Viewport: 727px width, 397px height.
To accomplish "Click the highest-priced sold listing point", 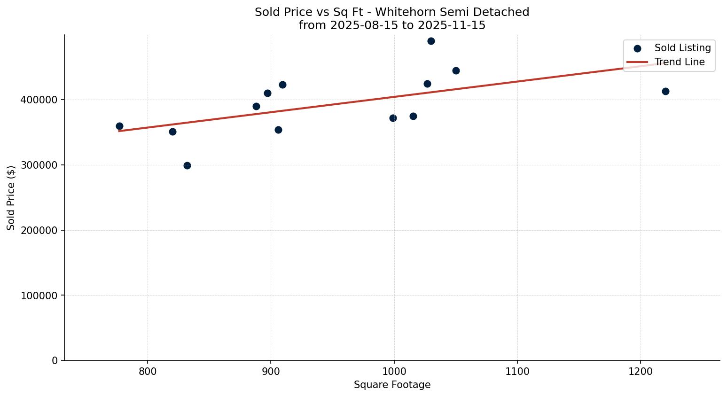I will click(431, 41).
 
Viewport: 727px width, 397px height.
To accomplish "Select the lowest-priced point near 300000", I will click(187, 165).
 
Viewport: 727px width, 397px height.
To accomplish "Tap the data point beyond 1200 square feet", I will click(665, 91).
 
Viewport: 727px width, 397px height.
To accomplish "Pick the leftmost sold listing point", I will click(119, 126).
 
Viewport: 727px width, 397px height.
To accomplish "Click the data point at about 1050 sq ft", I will click(456, 70).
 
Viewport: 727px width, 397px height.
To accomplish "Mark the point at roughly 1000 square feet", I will click(393, 118).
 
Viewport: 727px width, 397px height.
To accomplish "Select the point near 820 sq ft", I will click(172, 132).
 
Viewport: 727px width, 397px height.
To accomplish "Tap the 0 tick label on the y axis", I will click(55, 361).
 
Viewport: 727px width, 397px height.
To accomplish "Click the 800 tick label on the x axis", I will click(148, 371).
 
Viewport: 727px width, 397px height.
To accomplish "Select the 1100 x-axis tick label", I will click(517, 371).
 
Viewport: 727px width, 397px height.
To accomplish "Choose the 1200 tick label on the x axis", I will click(640, 371).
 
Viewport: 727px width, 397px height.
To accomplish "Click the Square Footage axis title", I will click(392, 385).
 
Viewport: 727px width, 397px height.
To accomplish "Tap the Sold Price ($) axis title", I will click(11, 197).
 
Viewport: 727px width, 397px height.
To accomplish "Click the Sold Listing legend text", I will click(682, 48).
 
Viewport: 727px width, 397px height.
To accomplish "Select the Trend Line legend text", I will click(680, 62).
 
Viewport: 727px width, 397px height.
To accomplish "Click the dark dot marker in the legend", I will click(637, 48).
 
